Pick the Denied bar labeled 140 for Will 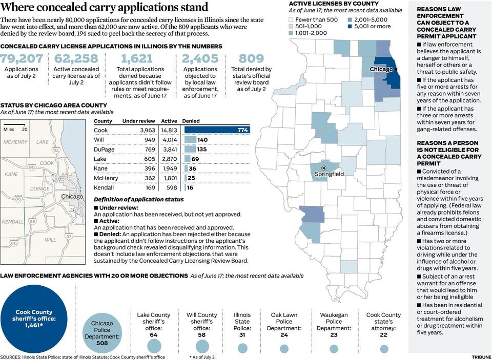(x=190, y=140)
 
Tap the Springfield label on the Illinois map (x=329, y=174)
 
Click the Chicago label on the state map (x=381, y=69)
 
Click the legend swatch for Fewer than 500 (x=292, y=19)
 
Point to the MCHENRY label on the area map (x=15, y=142)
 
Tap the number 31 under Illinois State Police (x=242, y=335)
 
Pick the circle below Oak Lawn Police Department (x=284, y=348)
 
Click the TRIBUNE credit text (x=481, y=357)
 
